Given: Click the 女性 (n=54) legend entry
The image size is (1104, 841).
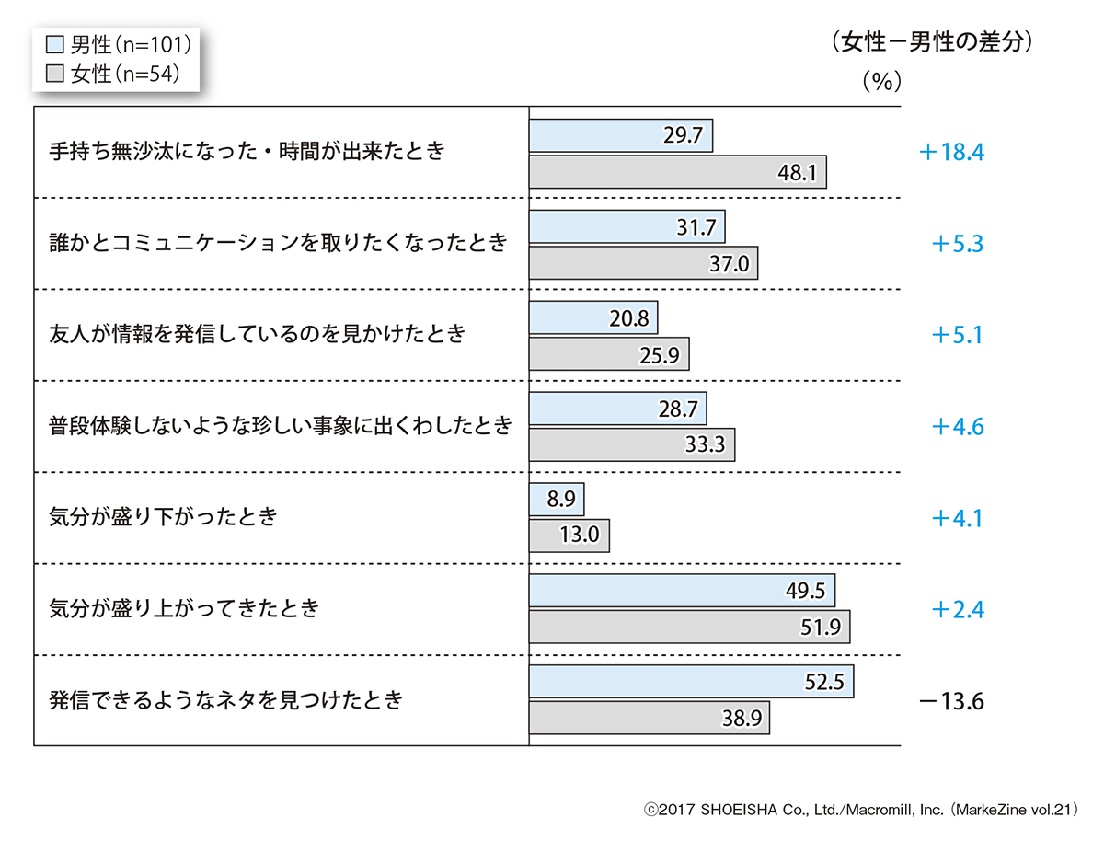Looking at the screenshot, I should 110,74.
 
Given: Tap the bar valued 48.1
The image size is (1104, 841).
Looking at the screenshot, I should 678,172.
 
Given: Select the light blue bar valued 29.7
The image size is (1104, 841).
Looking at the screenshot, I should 621,135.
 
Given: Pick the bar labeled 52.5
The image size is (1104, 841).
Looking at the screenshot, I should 691,682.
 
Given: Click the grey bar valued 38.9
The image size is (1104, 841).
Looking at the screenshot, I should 650,719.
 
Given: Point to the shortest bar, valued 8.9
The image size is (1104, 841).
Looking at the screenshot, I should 557,500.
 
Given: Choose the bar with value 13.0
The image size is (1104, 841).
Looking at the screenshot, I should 569,536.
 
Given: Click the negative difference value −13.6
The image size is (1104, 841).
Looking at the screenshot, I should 951,702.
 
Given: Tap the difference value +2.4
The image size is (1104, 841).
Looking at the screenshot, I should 957,610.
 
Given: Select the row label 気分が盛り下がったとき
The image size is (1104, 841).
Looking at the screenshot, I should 163,516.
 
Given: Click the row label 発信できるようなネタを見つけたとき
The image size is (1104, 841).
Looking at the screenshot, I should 226,699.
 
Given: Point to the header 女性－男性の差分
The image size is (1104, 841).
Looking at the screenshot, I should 930,42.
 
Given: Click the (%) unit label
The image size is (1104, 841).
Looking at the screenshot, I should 881,81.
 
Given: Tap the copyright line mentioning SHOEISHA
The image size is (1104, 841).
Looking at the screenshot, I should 860,811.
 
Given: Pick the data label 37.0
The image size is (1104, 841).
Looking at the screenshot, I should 731,264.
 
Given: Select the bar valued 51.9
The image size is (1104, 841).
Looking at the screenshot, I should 689,627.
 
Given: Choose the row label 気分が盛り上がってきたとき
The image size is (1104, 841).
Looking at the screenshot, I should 184,608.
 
